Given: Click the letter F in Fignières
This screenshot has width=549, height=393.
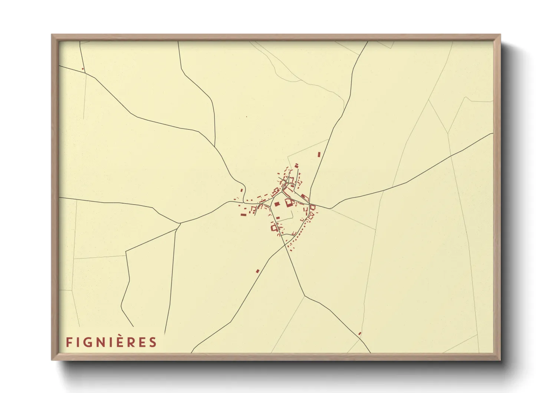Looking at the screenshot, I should coord(69,342).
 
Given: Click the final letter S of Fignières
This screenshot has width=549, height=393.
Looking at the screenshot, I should coord(153,342).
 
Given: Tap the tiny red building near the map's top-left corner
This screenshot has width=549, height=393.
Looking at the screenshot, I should coord(83,69).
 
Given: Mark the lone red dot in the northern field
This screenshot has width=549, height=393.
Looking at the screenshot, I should coord(246,117).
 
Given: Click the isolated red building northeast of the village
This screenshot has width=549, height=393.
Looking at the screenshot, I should coord(319,154).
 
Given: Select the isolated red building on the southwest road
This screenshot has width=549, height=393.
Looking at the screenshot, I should coord(257,271).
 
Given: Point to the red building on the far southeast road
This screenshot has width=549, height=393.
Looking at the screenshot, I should coord(359,334).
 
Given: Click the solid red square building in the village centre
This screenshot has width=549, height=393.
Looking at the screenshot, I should coord(277,204).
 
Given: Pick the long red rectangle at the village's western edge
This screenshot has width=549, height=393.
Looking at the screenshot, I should coord(243,214).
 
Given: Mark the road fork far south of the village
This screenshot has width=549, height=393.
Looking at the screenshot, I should coord(304,296).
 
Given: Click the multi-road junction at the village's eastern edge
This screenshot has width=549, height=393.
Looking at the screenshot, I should coord(310,205).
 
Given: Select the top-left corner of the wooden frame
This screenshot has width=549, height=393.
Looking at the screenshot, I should coord(52,35).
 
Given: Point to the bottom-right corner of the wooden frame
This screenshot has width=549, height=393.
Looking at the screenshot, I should coord(500,360).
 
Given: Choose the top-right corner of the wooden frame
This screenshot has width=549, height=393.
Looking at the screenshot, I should coord(500,35).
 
